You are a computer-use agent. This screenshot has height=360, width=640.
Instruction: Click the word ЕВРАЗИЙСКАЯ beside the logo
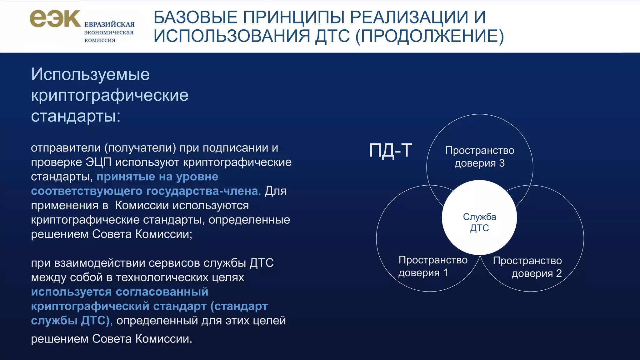[109, 24]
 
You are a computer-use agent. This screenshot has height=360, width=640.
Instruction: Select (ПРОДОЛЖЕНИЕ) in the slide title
[429, 36]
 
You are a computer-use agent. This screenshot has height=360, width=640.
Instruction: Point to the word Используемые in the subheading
[90, 75]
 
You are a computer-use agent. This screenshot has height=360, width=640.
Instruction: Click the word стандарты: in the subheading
[76, 116]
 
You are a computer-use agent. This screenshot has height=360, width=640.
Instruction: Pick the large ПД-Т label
[390, 150]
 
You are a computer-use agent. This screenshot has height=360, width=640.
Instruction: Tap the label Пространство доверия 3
[480, 157]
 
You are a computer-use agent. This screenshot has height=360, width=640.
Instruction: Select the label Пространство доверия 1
[433, 266]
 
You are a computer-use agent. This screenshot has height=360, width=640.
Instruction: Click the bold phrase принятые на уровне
[157, 177]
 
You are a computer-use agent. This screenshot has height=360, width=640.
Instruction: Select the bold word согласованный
[162, 292]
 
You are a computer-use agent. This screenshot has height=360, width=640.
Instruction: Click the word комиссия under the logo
[100, 40]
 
